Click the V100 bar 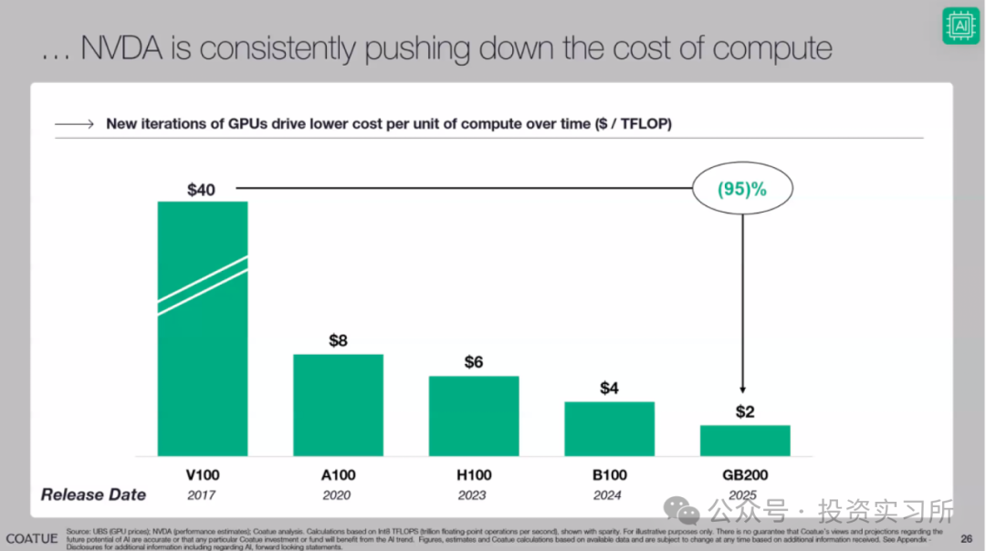click(203, 328)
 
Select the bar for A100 click(338, 405)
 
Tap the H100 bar click(473, 416)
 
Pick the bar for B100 click(609, 429)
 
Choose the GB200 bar click(745, 441)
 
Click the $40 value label click(202, 190)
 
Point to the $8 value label click(338, 341)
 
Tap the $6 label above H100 click(473, 362)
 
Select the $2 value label click(745, 411)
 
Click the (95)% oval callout click(742, 190)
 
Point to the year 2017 click(202, 494)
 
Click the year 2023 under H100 click(472, 494)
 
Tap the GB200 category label click(745, 474)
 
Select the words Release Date click(93, 494)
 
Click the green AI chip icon click(960, 26)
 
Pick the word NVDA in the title click(134, 47)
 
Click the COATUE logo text click(31, 538)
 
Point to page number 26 click(966, 537)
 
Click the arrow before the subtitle click(74, 124)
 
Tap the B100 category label click(609, 474)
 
